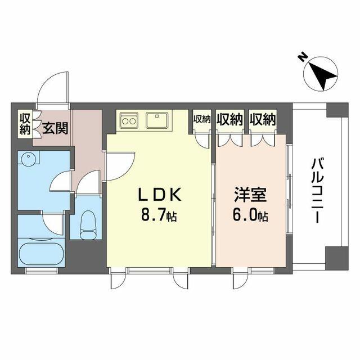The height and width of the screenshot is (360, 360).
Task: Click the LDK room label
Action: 160,195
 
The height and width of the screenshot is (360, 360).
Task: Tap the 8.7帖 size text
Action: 159,216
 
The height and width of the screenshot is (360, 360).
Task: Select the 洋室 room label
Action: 250,195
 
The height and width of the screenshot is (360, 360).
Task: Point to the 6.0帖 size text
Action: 250,216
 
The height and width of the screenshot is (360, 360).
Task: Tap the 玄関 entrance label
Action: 55,128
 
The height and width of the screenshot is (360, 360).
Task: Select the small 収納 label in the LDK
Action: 202,119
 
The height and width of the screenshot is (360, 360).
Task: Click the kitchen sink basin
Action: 157,120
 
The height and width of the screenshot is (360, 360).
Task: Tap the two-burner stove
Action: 128,120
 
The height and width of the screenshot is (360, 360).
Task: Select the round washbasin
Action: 29,159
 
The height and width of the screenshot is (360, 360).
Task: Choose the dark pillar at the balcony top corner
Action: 337,110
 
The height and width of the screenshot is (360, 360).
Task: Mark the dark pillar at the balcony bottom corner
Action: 337,258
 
